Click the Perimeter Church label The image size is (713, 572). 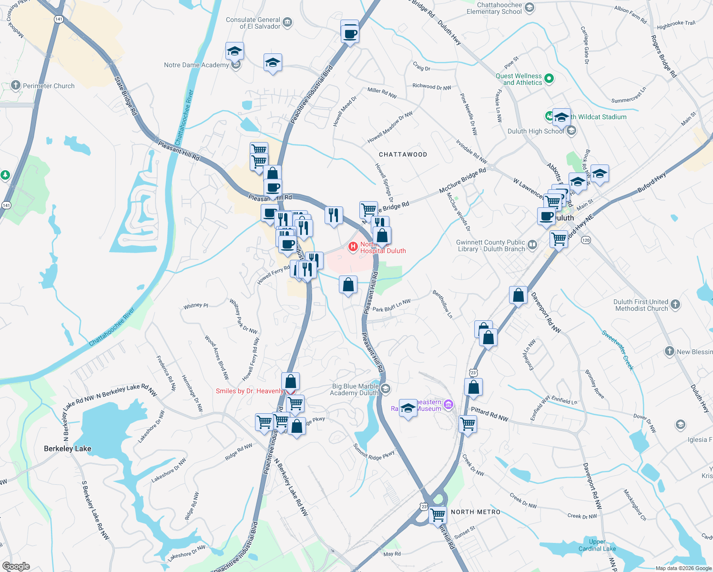(x=49, y=86)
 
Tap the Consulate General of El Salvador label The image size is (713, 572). (x=253, y=23)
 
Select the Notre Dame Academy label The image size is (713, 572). (x=196, y=65)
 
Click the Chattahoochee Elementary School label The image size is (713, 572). (x=494, y=9)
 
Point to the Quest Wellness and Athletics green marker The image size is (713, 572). (x=549, y=79)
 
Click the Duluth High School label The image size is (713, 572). (x=536, y=132)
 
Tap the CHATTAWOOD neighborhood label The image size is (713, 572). (x=403, y=154)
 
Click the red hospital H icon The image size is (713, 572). (x=353, y=246)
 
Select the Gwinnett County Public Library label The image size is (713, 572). (x=490, y=245)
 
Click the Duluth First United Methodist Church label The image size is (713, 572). (x=641, y=305)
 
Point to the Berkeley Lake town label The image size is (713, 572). (x=67, y=449)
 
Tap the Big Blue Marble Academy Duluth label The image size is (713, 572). (x=355, y=389)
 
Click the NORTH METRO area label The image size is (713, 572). (x=476, y=512)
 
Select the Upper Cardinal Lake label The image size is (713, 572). (x=597, y=545)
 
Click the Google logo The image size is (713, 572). (x=16, y=566)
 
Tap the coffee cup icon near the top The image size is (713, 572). (x=350, y=34)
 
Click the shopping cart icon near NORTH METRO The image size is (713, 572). (x=438, y=515)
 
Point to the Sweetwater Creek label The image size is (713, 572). (x=618, y=350)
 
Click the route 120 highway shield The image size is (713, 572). (x=586, y=240)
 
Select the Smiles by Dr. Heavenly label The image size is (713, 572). (x=249, y=391)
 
